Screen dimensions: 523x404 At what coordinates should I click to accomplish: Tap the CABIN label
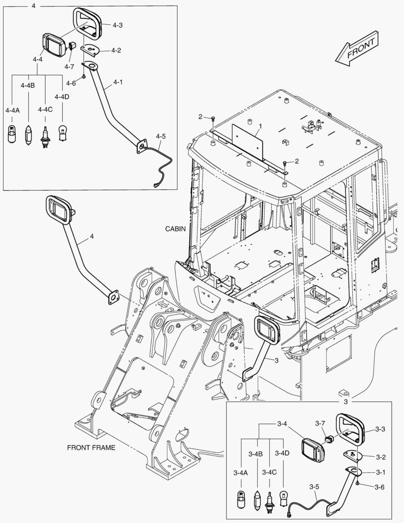[x=175, y=229]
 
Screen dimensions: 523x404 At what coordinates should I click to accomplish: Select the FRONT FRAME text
[x=91, y=447]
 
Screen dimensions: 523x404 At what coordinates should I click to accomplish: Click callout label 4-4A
[x=13, y=110]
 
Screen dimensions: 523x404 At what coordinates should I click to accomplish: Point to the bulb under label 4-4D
[x=62, y=132]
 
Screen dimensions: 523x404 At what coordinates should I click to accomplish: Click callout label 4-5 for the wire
[x=161, y=137]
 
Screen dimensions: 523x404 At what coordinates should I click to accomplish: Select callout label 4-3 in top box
[x=117, y=25]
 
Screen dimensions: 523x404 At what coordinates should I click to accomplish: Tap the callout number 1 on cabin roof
[x=260, y=126]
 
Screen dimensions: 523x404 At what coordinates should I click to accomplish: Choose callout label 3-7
[x=320, y=423]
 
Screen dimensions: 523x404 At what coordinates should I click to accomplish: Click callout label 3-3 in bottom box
[x=380, y=429]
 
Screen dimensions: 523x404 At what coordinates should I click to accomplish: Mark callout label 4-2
[x=116, y=50]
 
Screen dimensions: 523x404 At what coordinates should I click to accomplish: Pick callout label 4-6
[x=71, y=83]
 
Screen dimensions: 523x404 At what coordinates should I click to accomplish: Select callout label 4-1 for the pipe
[x=118, y=82]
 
